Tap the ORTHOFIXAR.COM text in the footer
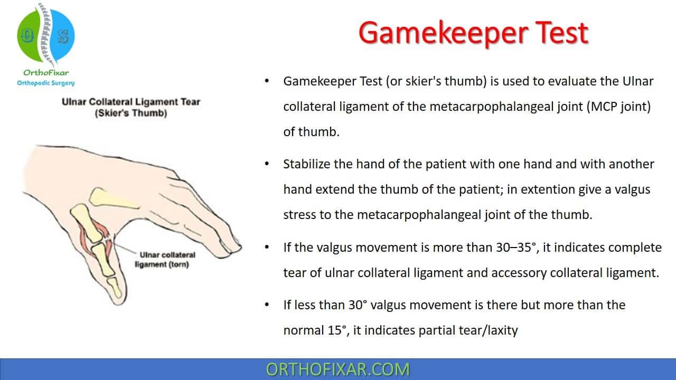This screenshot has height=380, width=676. [x=338, y=369]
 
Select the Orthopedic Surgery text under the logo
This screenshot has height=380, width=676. [x=46, y=83]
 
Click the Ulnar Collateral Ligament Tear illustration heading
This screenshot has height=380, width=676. [x=131, y=102]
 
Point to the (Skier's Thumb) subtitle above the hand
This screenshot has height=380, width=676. [x=131, y=113]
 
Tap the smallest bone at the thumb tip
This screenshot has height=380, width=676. [x=114, y=288]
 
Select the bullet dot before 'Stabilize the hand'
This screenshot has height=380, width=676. [x=268, y=164]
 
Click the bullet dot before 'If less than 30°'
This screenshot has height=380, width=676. [x=268, y=305]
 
